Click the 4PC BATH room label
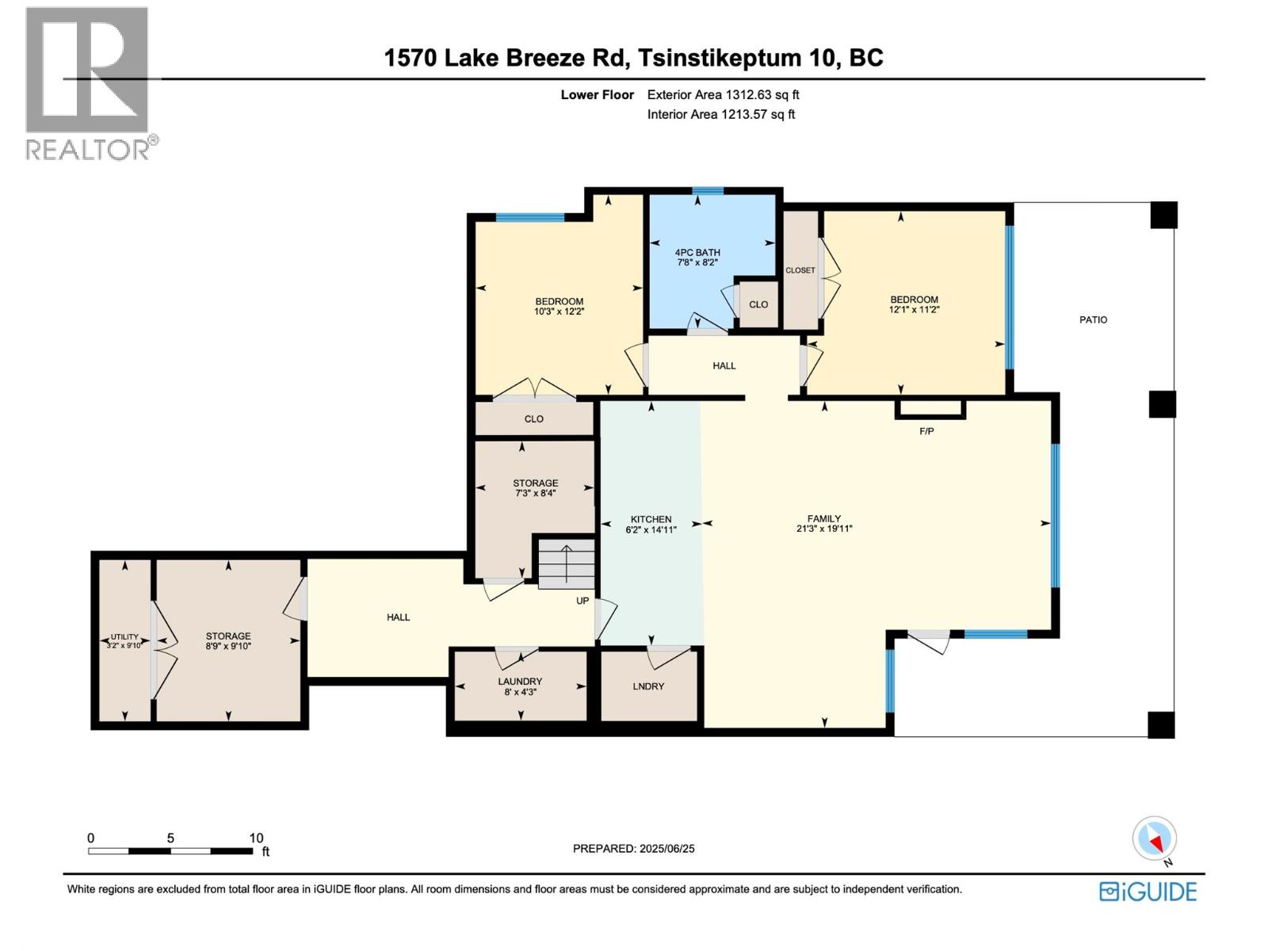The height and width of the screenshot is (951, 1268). click(697, 253)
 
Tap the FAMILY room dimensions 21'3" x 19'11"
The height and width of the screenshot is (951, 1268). click(824, 529)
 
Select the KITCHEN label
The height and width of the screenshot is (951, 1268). click(651, 519)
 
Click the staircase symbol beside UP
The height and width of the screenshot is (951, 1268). click(567, 563)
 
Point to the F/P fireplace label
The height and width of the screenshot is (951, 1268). click(926, 432)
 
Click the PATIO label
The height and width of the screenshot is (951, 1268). click(1093, 320)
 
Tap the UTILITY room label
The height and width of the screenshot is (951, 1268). click(124, 636)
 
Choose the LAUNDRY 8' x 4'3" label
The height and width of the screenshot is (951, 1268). click(520, 686)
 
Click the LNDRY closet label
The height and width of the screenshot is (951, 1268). click(648, 686)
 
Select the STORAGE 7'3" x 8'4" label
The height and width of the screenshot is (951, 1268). click(535, 487)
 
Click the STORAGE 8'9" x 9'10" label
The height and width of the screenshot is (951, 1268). click(228, 641)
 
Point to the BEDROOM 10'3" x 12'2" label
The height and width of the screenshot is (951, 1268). click(559, 306)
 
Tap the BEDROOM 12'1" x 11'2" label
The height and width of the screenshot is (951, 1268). click(914, 304)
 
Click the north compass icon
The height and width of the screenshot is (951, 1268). click(1155, 839)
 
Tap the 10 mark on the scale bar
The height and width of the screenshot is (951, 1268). click(256, 838)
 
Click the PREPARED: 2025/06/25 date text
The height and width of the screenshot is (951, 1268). click(633, 849)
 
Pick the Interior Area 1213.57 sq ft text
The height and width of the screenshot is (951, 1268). click(720, 114)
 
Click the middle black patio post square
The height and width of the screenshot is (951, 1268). click(1162, 404)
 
